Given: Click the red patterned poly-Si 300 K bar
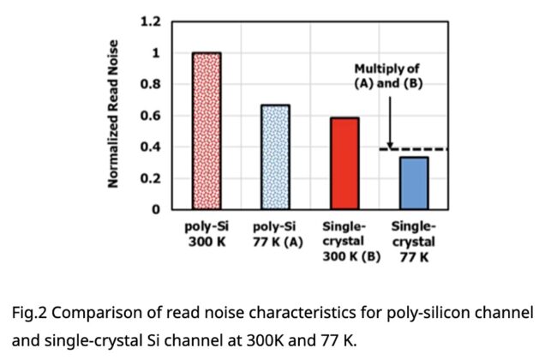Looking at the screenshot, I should point(207,130).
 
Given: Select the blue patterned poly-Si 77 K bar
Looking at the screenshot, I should point(275,157).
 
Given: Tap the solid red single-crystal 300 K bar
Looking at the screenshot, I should point(344,163).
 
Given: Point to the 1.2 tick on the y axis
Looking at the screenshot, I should point(150,21).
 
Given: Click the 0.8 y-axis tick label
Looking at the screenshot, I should point(150,84).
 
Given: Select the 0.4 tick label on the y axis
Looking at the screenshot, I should point(150,147).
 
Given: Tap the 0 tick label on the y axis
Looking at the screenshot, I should point(156,209).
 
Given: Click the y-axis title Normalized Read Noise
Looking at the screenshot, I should point(112,115).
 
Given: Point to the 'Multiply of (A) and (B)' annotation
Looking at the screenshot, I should point(388,76).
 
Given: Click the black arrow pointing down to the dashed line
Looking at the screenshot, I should point(389,120).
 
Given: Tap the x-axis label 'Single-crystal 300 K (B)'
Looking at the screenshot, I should point(344,241).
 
